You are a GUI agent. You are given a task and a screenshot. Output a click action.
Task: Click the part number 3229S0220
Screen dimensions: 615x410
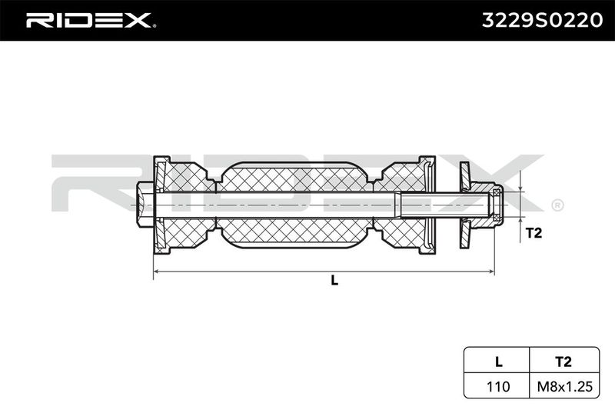[542, 21]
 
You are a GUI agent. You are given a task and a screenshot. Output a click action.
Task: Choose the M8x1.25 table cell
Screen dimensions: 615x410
[564, 386]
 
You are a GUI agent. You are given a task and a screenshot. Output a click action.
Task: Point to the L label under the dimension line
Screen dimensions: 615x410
[334, 280]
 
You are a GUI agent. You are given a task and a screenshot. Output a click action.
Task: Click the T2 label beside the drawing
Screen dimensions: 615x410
[534, 232]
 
